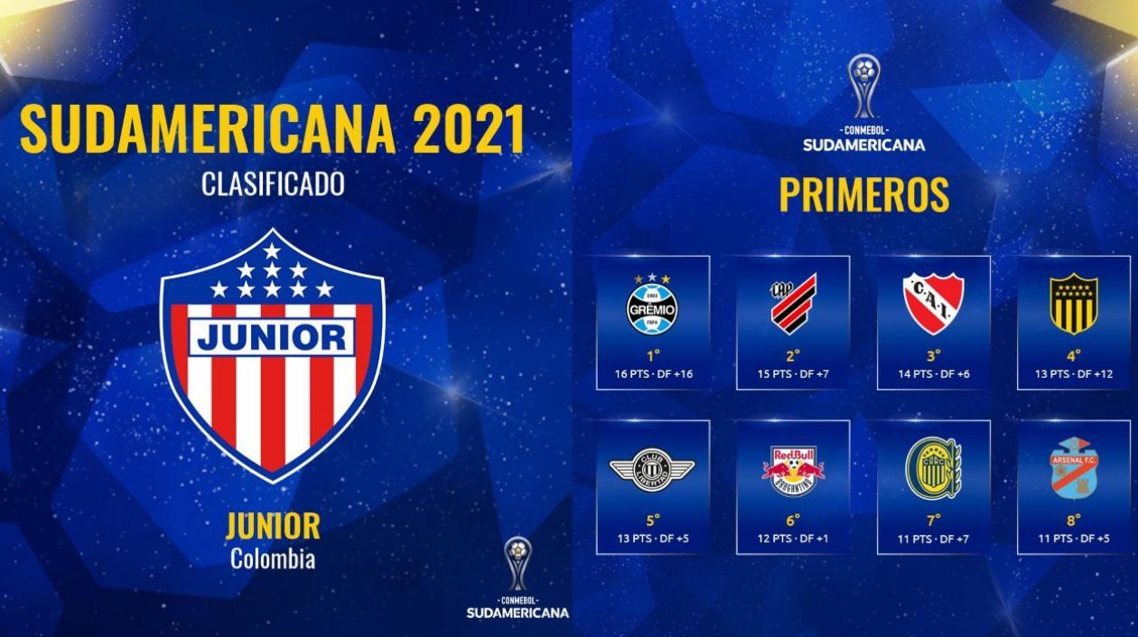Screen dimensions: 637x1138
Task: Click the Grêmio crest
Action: [652, 307]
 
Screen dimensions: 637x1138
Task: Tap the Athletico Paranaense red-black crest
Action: [793, 304]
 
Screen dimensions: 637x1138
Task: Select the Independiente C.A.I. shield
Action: [933, 304]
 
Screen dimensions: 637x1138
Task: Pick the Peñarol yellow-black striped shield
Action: [1073, 304]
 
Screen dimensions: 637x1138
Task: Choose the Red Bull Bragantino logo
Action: [793, 470]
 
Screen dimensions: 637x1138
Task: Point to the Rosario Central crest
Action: [933, 468]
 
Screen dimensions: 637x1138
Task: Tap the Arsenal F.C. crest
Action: [1073, 468]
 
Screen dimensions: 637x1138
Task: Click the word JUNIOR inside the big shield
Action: [272, 338]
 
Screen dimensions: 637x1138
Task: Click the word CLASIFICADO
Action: [273, 184]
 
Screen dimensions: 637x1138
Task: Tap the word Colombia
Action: [273, 559]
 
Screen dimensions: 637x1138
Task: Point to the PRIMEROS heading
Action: [863, 195]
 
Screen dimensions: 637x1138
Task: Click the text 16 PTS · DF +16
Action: [653, 374]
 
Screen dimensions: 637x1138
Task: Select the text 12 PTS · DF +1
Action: [793, 539]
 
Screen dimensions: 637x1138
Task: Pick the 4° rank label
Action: [1073, 355]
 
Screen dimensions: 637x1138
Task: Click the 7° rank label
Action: [933, 520]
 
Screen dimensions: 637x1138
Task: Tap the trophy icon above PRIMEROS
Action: [864, 87]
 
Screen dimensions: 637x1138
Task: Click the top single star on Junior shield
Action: [272, 250]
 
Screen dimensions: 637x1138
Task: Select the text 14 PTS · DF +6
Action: [933, 374]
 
